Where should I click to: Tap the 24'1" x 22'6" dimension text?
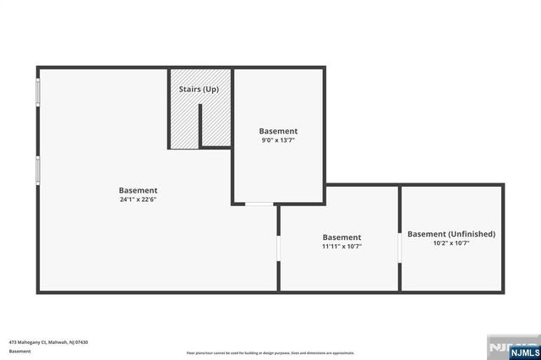[138, 200]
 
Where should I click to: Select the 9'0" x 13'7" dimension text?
[278, 141]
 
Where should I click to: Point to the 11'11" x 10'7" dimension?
[342, 248]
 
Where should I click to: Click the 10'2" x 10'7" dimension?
[451, 243]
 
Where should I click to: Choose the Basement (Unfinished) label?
[451, 234]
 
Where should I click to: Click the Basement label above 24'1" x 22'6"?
[138, 190]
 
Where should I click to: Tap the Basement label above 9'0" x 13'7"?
[278, 131]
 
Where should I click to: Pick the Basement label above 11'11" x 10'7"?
[342, 237]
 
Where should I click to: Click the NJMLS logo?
[510, 347]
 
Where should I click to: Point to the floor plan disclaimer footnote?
[270, 352]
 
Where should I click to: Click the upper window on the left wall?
[37, 92]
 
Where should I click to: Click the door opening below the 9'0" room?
[259, 204]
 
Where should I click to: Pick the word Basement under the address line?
[19, 351]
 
